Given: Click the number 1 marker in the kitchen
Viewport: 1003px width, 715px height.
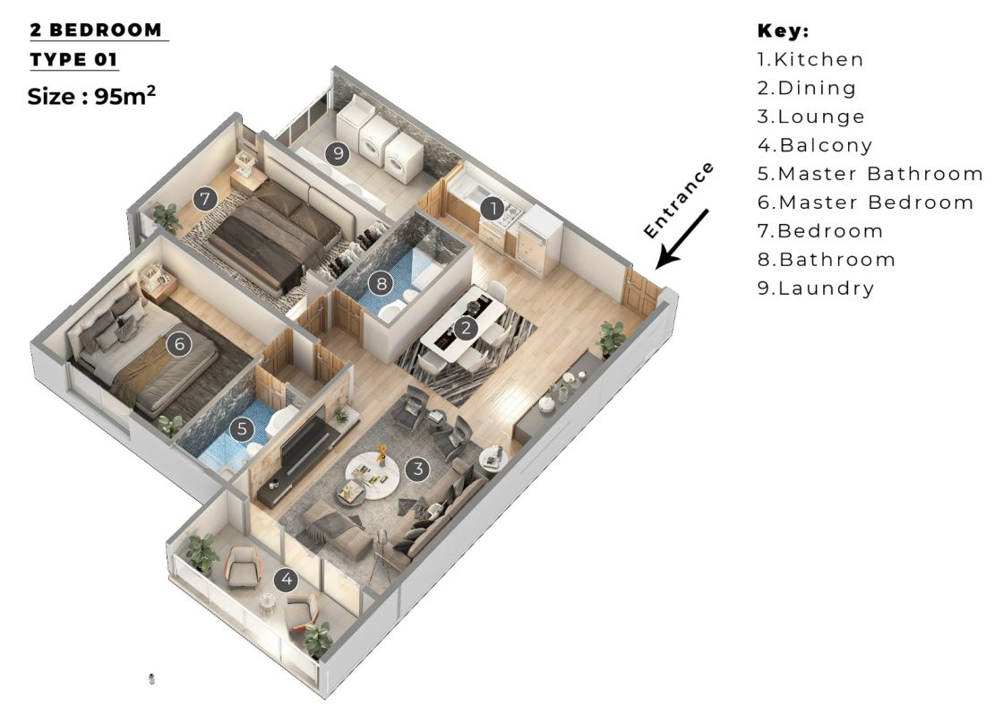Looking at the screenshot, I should [492, 209].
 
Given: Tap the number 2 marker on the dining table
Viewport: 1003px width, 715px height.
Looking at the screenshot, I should [465, 328].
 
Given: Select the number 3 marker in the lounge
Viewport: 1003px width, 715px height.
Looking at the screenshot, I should [416, 468].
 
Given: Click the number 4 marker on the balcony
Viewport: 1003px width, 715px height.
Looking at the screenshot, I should [287, 580].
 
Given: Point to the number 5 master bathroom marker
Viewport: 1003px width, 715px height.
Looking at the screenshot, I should [242, 428].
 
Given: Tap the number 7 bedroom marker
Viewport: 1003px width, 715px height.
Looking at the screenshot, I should [206, 198].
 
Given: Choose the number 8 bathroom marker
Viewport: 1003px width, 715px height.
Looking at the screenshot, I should [381, 284].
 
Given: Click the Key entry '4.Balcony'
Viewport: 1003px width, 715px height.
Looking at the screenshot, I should [815, 145].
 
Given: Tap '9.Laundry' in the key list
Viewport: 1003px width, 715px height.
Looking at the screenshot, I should [816, 289].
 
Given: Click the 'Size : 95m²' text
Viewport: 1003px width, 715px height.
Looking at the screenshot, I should [92, 96].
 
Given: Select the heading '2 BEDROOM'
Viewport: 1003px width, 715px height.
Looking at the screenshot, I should [98, 30].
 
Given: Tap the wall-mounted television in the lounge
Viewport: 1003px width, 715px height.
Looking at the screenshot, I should [305, 443].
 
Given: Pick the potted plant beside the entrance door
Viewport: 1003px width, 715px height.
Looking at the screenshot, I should [612, 338].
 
